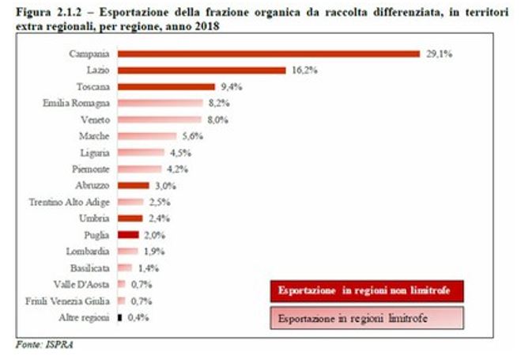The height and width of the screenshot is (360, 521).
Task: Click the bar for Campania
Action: (x=269, y=54)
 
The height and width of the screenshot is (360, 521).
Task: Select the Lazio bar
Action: (x=202, y=70)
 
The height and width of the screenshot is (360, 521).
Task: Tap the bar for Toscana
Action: (x=167, y=87)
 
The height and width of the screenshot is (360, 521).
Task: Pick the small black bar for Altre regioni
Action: (x=119, y=318)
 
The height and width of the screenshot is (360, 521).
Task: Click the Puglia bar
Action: (x=128, y=235)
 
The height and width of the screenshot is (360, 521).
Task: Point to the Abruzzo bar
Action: (x=134, y=185)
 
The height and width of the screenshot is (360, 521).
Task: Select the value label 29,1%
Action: (x=440, y=54)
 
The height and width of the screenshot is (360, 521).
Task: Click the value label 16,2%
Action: (x=304, y=70)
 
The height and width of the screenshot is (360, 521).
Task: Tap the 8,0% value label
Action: (x=218, y=119)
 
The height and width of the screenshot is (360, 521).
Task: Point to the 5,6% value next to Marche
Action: (x=193, y=136)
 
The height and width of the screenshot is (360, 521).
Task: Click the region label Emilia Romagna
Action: (x=76, y=104)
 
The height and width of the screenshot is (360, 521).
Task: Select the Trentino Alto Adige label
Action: (x=69, y=202)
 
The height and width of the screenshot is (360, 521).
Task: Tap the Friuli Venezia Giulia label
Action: (x=67, y=301)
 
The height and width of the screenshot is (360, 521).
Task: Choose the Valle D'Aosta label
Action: (x=81, y=285)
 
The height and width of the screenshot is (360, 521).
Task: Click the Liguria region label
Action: (x=95, y=153)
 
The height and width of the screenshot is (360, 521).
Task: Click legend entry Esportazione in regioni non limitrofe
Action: (x=367, y=291)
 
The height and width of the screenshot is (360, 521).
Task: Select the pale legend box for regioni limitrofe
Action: (x=367, y=318)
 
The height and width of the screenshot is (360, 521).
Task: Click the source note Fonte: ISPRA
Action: (x=44, y=345)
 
